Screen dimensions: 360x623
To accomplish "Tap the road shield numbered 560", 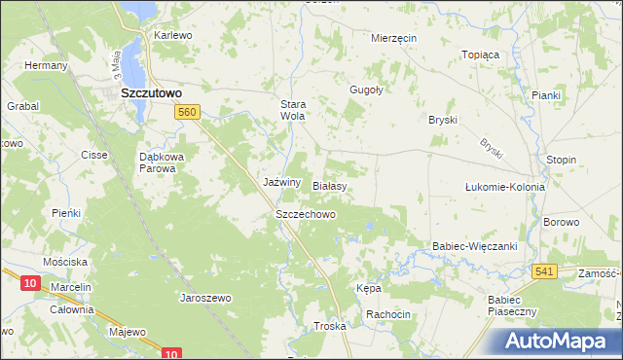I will coord(189,114).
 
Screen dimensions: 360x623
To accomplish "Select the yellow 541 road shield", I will coord(544,271).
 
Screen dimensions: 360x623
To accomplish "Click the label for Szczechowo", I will coord(306,213).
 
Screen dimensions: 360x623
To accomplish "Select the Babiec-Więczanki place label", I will coord(475,247).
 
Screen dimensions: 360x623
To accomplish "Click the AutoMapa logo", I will coord(561,342).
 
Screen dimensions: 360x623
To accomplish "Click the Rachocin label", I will coord(387,314).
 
